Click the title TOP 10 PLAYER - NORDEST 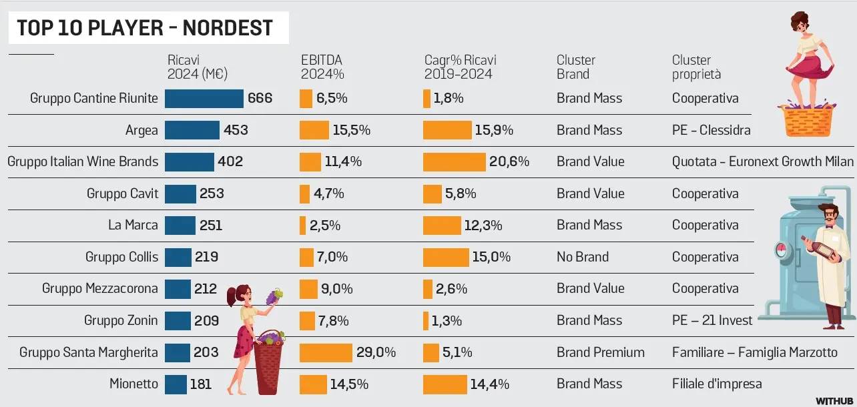(145, 28)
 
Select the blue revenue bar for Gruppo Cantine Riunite (204, 99)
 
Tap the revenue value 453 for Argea (236, 130)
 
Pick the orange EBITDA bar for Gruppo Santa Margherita (326, 352)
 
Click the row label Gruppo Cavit (123, 193)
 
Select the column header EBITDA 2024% (322, 67)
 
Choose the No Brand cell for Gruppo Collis (583, 257)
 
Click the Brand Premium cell (600, 352)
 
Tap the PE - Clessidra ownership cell (711, 130)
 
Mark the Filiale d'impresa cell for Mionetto (716, 384)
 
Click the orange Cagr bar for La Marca (442, 226)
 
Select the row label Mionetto (133, 384)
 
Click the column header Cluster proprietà (696, 67)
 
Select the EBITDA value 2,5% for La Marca (324, 226)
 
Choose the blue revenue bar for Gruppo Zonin (178, 320)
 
